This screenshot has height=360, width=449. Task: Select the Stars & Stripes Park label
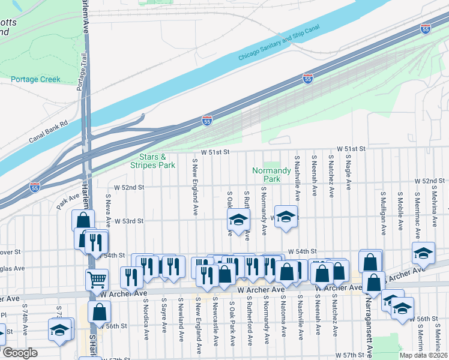(153, 161)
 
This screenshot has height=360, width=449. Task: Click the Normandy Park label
(267, 175)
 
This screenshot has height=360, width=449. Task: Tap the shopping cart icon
(97, 278)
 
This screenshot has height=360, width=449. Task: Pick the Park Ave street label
(69, 198)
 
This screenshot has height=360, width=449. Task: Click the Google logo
(20, 353)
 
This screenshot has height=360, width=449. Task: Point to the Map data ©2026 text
(423, 355)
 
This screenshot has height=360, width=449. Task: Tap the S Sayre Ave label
(163, 314)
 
